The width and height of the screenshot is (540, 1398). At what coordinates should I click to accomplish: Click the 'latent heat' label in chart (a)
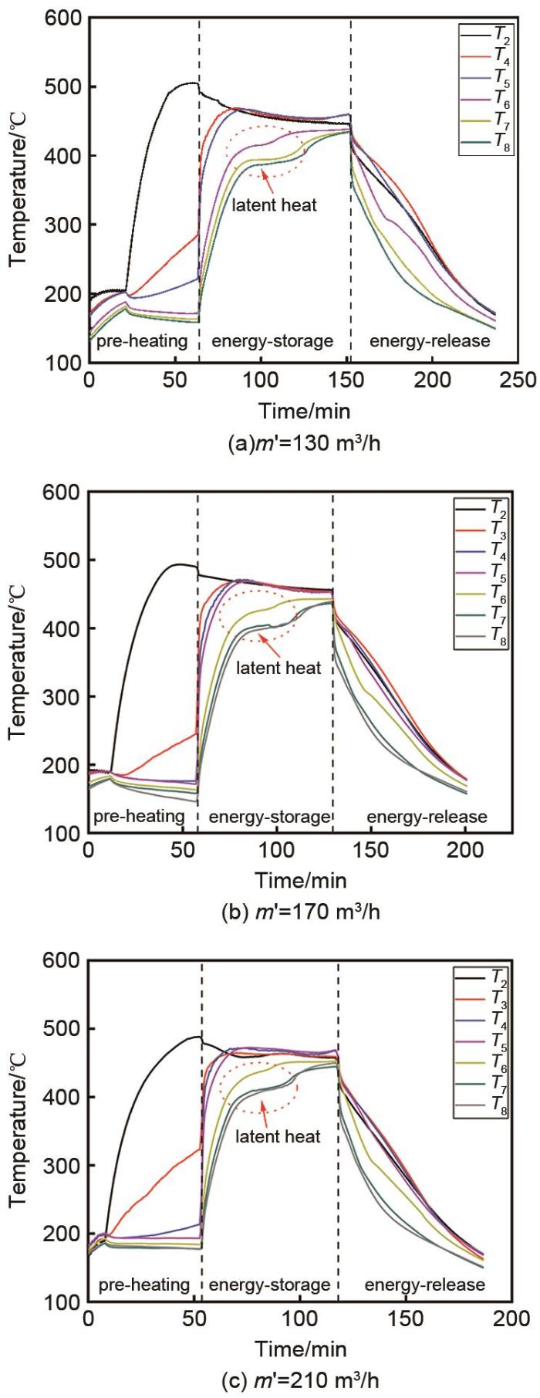coord(275,205)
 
